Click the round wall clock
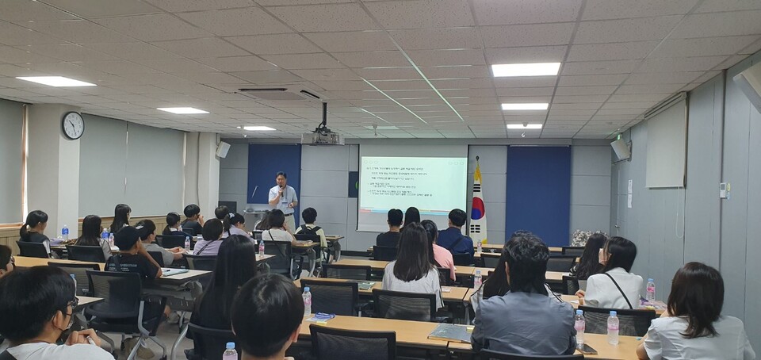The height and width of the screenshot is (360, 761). pyautogui.click(x=73, y=125)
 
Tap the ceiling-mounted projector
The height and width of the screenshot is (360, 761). pyautogui.click(x=322, y=136)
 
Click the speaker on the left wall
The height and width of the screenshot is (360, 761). pyautogui.click(x=223, y=149)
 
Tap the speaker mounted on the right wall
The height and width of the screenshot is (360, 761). pyautogui.click(x=619, y=148)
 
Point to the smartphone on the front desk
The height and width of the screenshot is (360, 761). pyautogui.click(x=586, y=348)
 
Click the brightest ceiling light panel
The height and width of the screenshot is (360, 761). pyautogui.click(x=525, y=70)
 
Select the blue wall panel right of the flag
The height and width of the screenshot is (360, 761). pyautogui.click(x=537, y=194)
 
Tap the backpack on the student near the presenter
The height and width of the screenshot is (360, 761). pyautogui.click(x=308, y=232)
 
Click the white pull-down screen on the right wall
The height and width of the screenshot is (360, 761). pyautogui.click(x=665, y=145)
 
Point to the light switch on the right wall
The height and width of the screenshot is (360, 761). pyautogui.click(x=724, y=190)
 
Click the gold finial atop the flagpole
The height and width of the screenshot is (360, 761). pyautogui.click(x=477, y=159)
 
